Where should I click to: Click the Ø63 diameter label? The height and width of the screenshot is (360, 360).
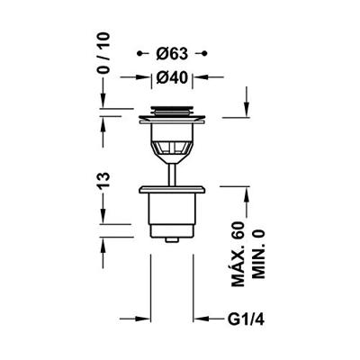coord(172,54)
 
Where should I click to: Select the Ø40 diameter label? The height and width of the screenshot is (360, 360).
coord(172,77)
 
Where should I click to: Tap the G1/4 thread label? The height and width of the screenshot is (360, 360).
coord(246,319)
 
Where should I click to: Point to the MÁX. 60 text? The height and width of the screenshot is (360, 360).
coord(238,255)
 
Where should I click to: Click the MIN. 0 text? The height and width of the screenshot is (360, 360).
coord(258,255)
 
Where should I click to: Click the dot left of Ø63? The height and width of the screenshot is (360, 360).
coord(139,54)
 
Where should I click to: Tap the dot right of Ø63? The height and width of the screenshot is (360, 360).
coord(204,54)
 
